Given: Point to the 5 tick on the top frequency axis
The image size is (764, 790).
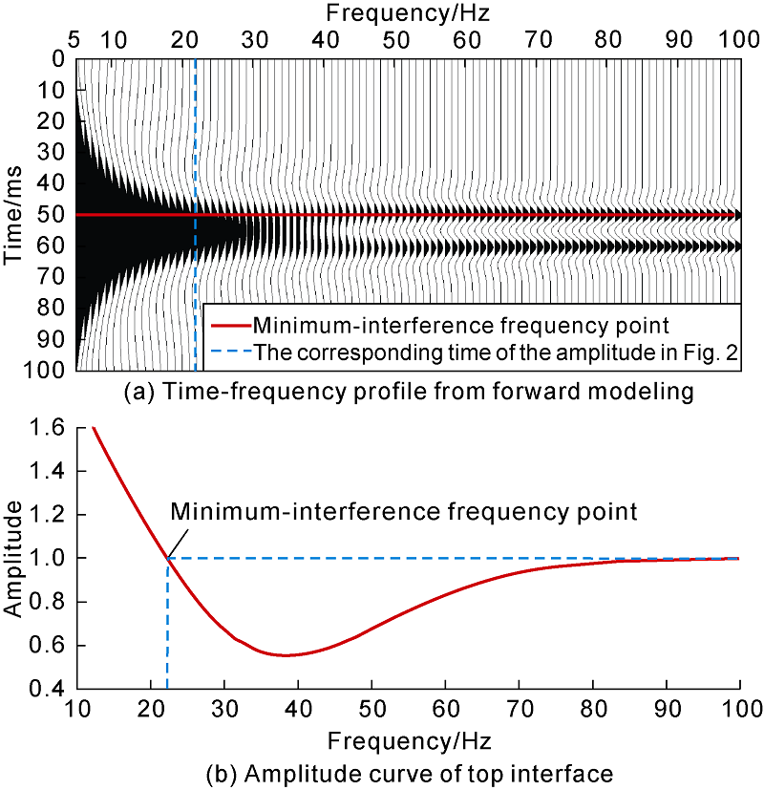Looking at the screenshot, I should pyautogui.click(x=74, y=40).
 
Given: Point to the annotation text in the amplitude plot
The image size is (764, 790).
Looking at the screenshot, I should pyautogui.click(x=403, y=511).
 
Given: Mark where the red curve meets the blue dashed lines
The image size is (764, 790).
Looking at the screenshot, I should pyautogui.click(x=167, y=558).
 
